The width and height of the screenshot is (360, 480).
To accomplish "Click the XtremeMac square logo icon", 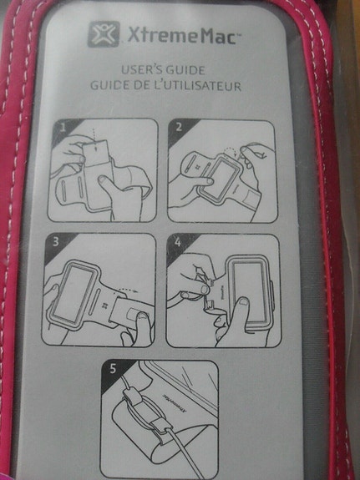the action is tap(104, 34).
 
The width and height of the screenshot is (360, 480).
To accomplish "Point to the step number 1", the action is tap(63, 127).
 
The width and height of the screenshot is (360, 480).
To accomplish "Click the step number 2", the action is tap(179, 127).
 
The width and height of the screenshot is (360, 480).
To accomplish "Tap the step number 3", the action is tap(55, 242).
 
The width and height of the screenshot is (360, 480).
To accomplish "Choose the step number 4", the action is tap(177, 242).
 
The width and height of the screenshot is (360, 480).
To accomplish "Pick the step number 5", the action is tap(113, 369).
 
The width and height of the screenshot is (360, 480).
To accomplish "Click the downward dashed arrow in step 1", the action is tap(94, 139).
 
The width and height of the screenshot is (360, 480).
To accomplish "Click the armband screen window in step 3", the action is tap(73, 293).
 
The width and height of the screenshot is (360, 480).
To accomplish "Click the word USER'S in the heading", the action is tap(141, 70).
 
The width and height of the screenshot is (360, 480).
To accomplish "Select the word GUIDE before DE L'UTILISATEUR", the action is tap(110, 85).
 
